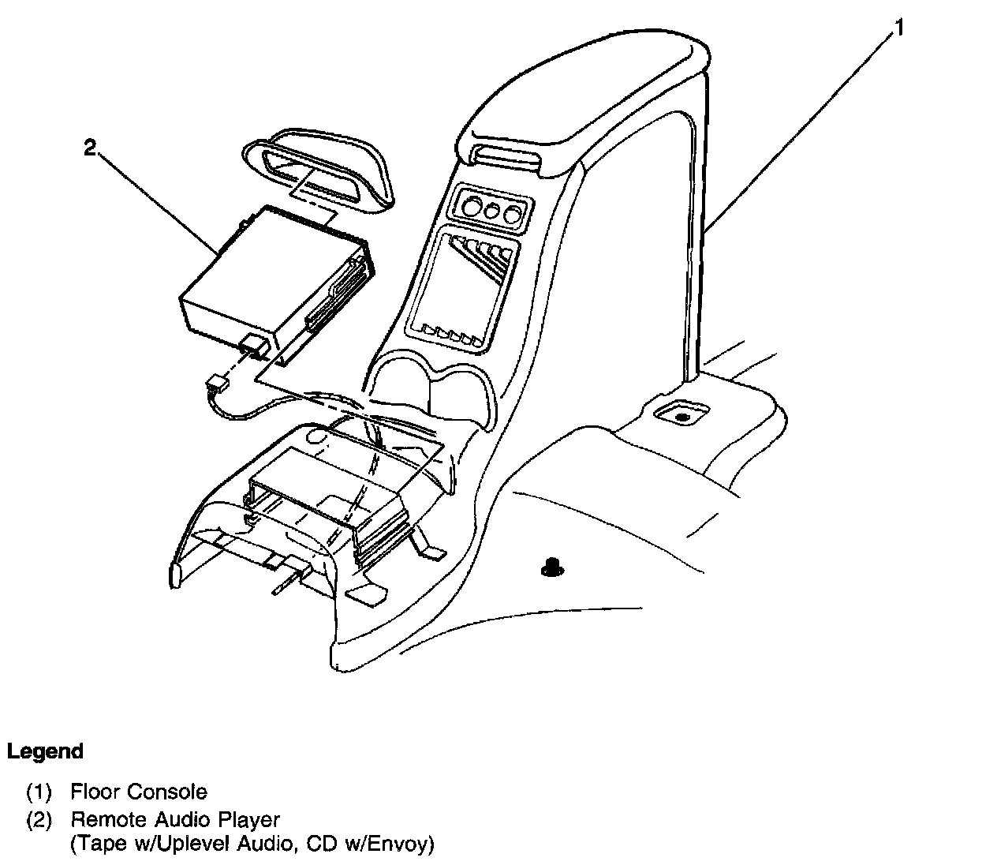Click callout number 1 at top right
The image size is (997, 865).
coord(898,28)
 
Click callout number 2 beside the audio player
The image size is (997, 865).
coord(91,147)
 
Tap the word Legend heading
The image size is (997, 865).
coord(45,751)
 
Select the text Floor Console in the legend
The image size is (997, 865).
coord(139,792)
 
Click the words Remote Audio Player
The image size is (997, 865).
coord(175,819)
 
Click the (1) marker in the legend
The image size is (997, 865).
coord(39,792)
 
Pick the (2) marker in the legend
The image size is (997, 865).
coord(39,819)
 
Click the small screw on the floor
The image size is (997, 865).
coord(552,564)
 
